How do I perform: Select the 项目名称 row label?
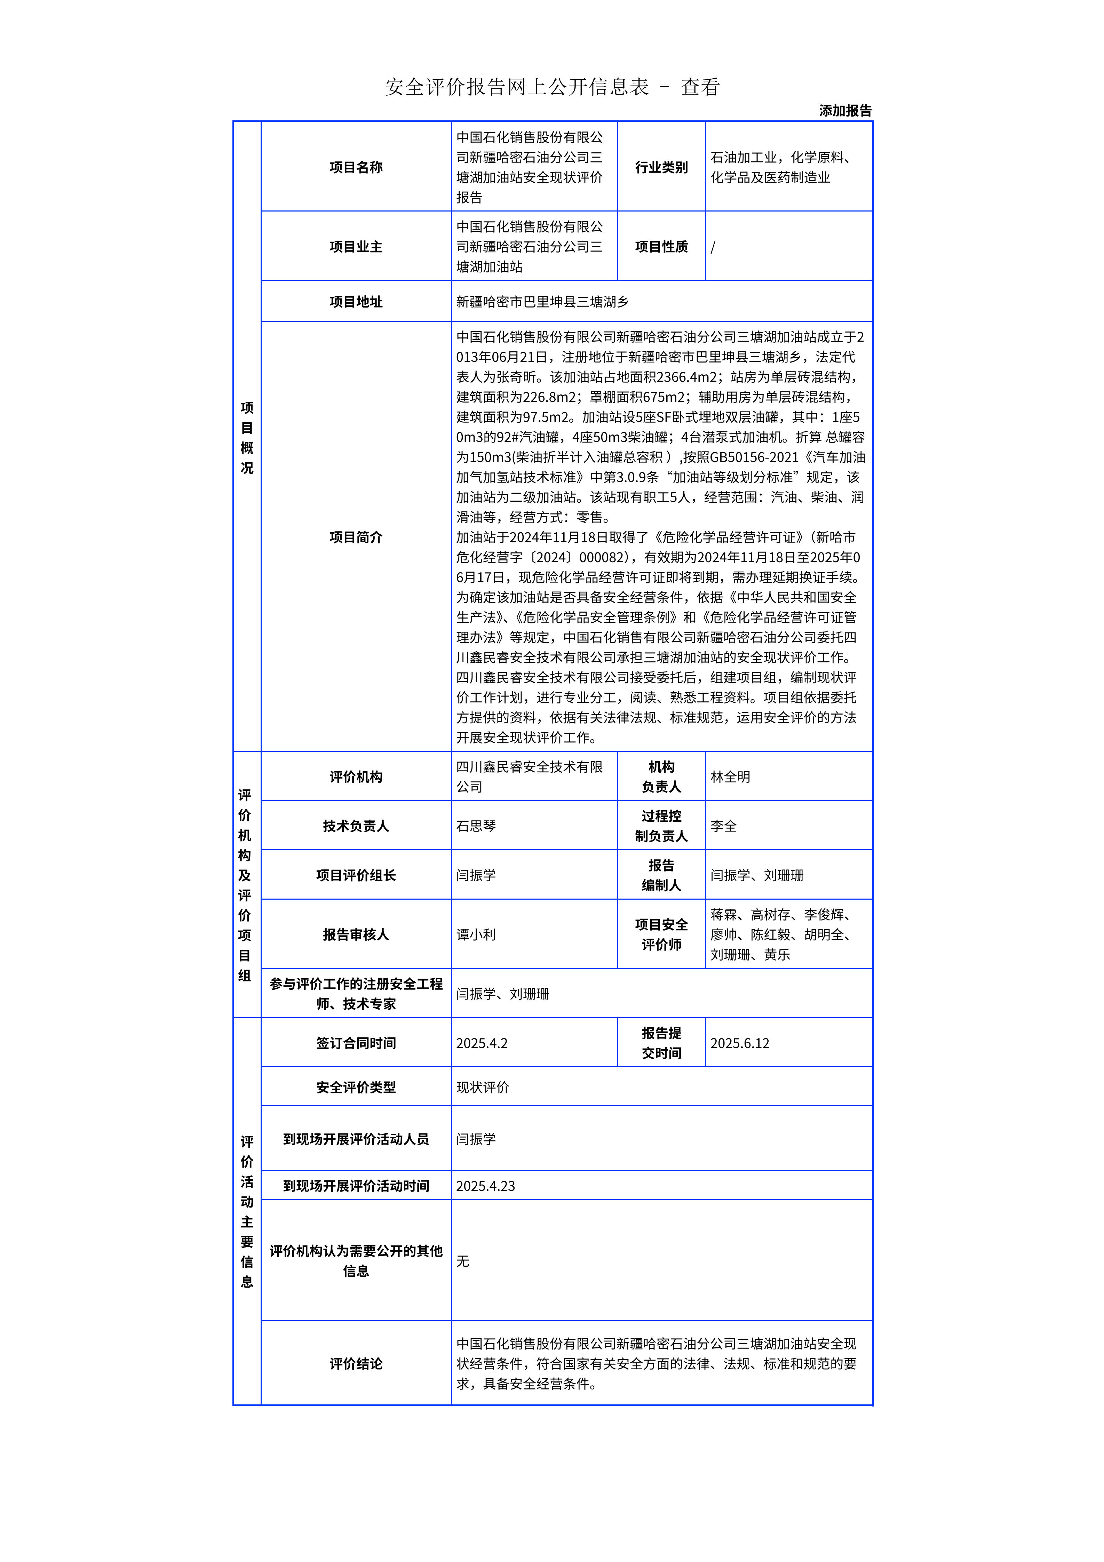point(356,167)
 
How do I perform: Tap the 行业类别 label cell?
point(661,167)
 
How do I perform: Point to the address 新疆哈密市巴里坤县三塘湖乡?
point(542,301)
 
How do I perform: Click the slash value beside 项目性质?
point(713,247)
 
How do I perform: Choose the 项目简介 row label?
point(356,537)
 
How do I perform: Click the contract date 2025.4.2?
point(482,1043)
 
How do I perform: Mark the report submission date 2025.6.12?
point(739,1043)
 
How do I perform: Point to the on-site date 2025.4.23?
point(485,1186)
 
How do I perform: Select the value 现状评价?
point(482,1087)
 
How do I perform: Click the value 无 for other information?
point(462,1261)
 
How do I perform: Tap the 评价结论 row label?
point(356,1363)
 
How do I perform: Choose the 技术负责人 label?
point(356,826)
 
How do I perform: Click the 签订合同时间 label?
point(356,1043)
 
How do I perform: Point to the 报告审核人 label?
point(356,935)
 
